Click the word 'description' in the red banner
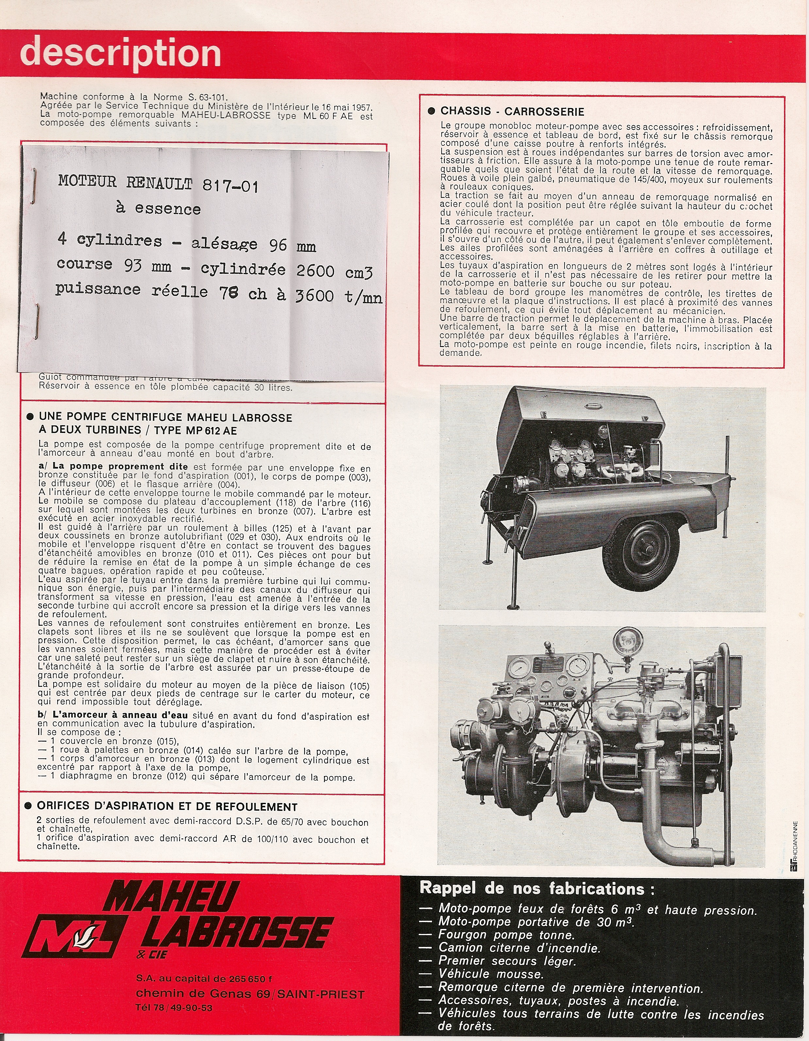pyautogui.click(x=121, y=54)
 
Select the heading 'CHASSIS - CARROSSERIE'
pyautogui.click(x=512, y=111)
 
